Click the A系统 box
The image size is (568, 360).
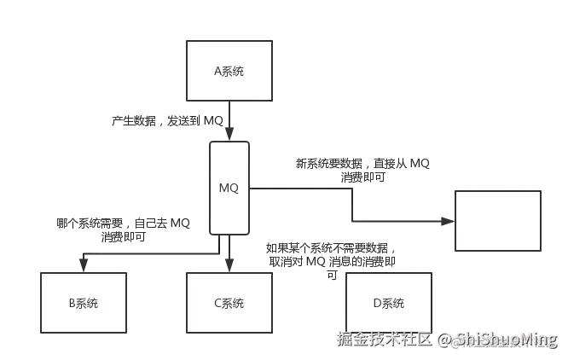click(229, 71)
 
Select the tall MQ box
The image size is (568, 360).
click(229, 189)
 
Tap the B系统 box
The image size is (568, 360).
click(83, 303)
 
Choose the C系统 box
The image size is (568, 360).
click(229, 303)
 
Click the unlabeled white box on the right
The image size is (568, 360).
click(498, 221)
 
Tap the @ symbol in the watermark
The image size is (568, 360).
click(444, 340)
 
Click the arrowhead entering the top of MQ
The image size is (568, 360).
click(229, 136)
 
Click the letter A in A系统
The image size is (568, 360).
click(217, 71)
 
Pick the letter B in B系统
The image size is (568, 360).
click(71, 303)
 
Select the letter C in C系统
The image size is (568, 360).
click(217, 303)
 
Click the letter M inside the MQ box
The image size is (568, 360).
click(224, 189)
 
